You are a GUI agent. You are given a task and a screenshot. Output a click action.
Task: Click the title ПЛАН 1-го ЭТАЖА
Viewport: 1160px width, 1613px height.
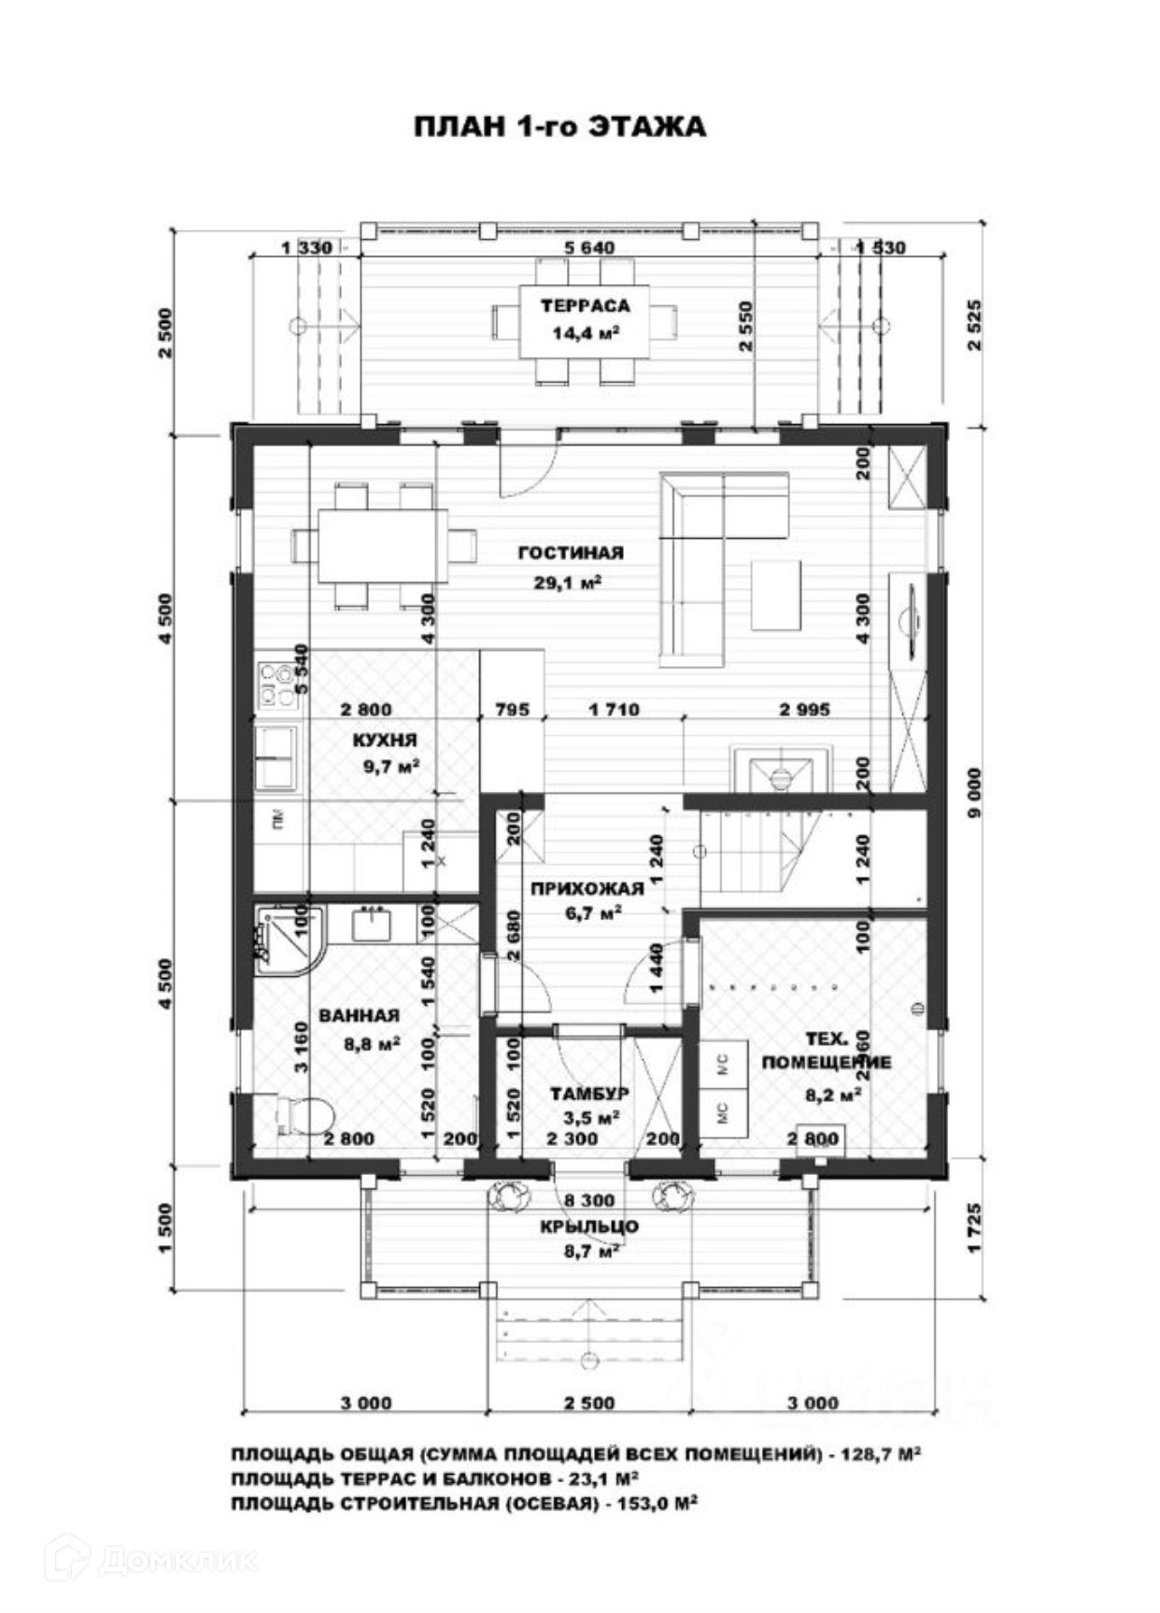point(559,127)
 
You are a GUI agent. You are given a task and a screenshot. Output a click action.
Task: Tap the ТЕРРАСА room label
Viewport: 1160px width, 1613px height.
point(585,305)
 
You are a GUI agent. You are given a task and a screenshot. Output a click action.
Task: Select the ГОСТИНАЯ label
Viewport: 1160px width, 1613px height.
point(570,553)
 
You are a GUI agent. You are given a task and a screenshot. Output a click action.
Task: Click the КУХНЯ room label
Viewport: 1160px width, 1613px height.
point(384,740)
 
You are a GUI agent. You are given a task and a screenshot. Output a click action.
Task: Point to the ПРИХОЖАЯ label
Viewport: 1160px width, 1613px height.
point(587,888)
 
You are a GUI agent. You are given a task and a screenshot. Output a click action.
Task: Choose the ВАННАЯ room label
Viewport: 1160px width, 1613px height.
point(359,1015)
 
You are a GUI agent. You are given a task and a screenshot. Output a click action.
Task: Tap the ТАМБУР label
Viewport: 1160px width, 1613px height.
point(588,1093)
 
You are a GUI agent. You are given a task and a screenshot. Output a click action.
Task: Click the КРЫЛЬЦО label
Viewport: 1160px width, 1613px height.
point(588,1226)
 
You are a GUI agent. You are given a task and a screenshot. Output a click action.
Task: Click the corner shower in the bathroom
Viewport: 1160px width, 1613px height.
point(286,938)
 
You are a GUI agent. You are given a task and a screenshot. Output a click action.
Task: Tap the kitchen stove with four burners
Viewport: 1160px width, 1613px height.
point(276,685)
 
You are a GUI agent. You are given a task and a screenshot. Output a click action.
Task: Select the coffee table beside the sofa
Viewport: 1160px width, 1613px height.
point(775,595)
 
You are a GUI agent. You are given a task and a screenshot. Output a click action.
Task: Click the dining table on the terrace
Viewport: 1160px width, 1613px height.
point(585,320)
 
